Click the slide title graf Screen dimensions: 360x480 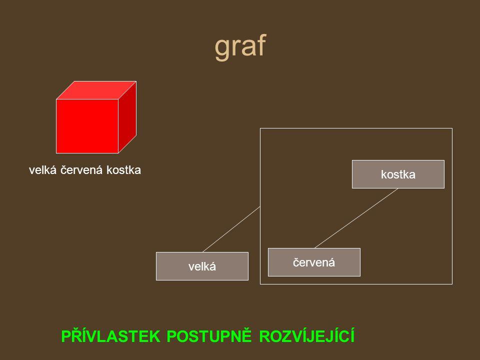(x=240, y=47)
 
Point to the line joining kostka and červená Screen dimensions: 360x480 (x=356, y=218)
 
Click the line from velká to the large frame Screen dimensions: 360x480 (x=231, y=229)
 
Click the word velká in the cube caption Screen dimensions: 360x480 (x=43, y=170)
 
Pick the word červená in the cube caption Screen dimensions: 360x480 (x=83, y=170)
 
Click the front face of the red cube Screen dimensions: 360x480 (x=87, y=125)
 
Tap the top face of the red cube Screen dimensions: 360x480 (x=95, y=90)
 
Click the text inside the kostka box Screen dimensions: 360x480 (x=398, y=174)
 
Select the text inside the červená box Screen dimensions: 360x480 (x=314, y=262)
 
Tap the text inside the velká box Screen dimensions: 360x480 (x=202, y=266)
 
